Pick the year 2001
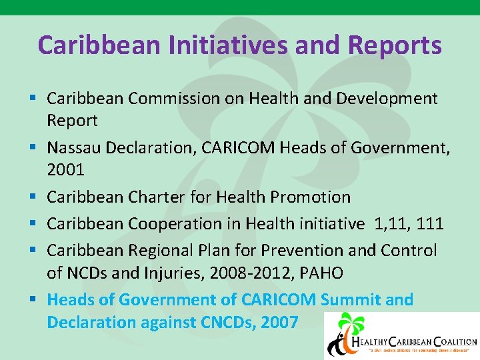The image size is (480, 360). [65, 169]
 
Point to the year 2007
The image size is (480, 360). [279, 322]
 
